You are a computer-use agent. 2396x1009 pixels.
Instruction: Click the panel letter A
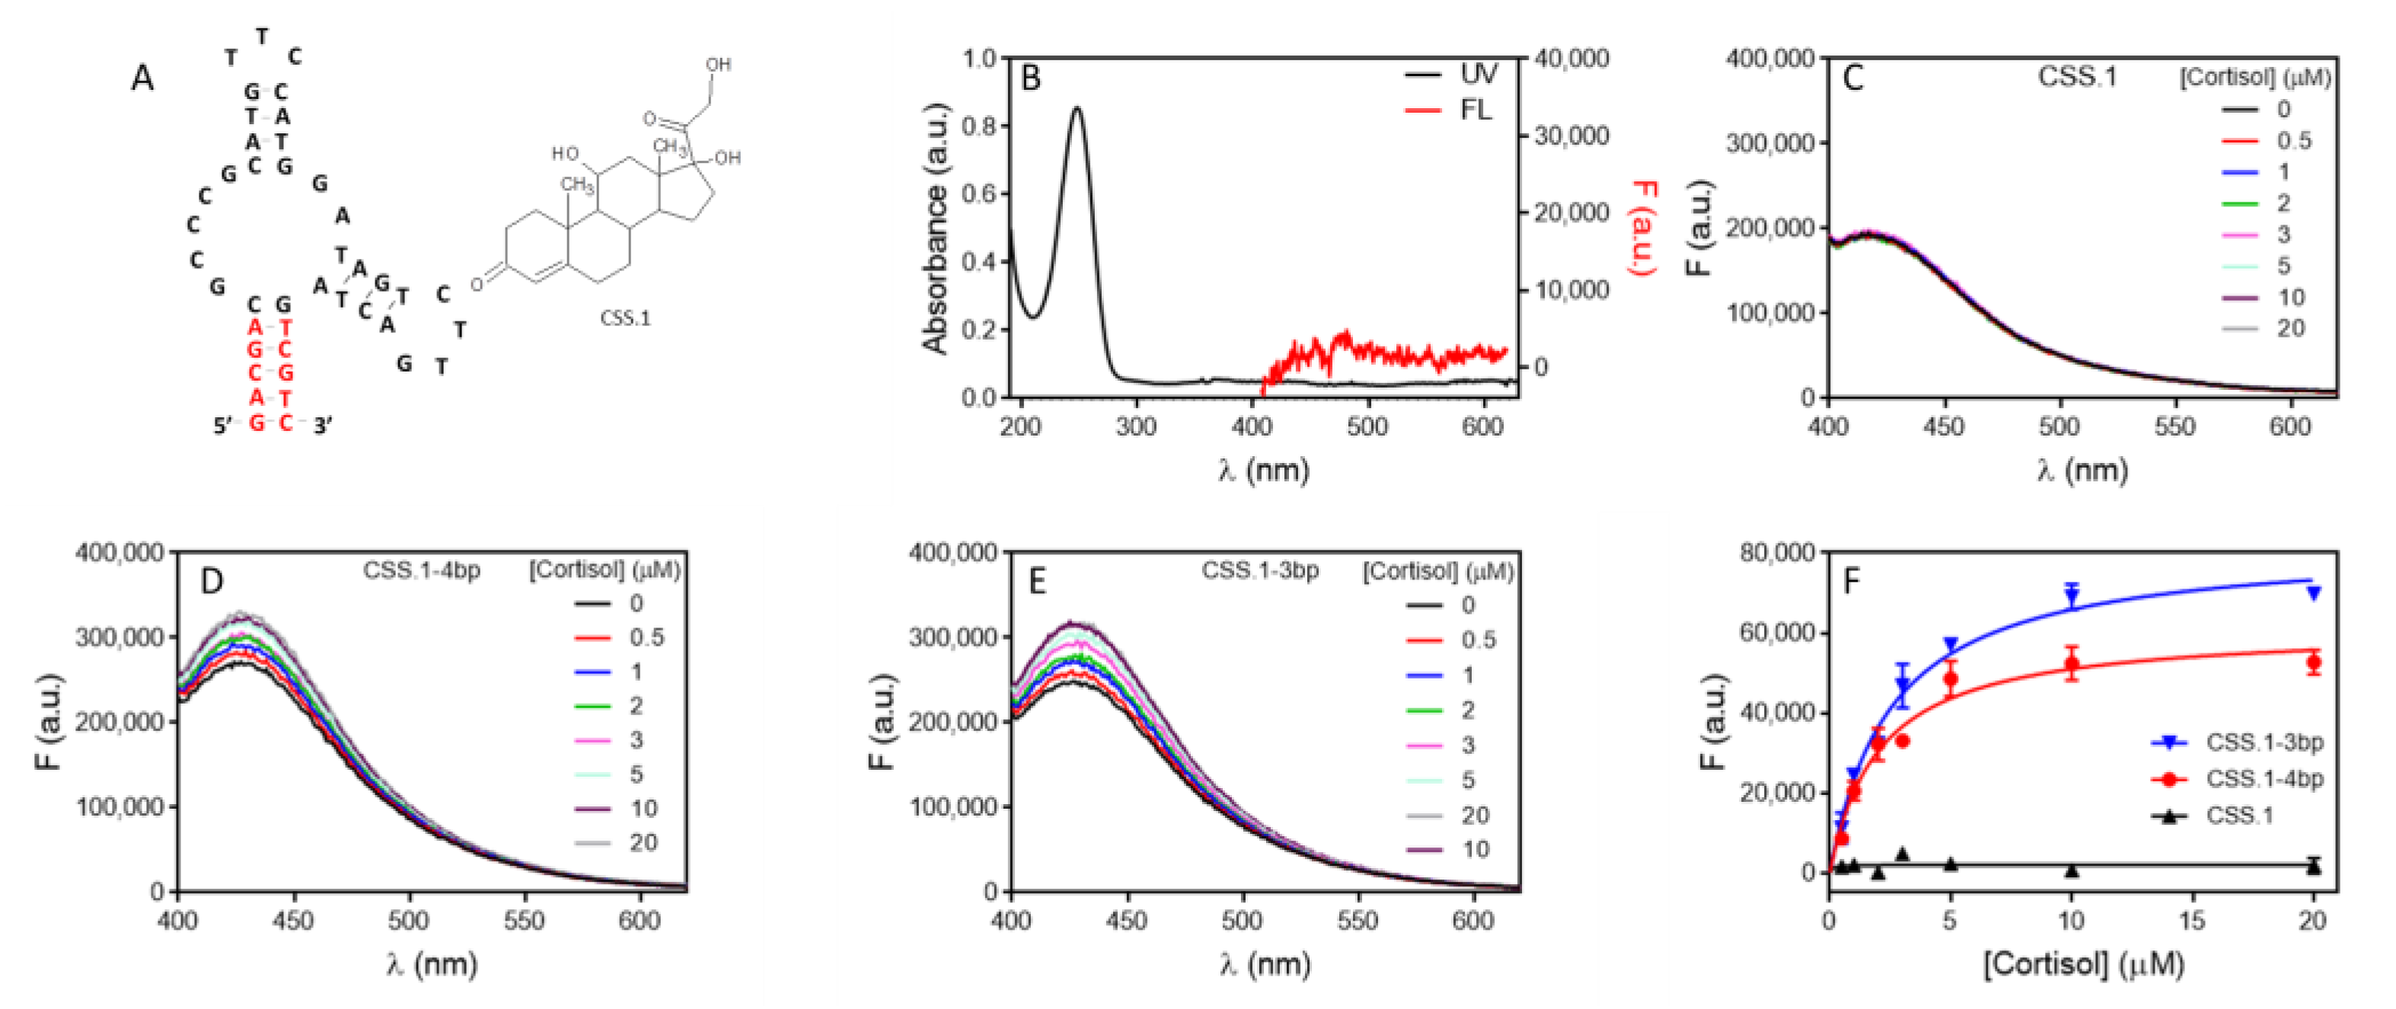(142, 78)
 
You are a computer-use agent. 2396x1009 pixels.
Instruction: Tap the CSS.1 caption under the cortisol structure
(625, 319)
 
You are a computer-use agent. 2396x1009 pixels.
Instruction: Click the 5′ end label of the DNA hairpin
(224, 426)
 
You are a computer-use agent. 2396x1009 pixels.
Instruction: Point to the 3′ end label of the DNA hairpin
(323, 426)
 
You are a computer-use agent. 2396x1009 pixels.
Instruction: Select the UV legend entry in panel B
(1478, 75)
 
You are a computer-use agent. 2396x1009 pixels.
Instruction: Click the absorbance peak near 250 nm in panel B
(1077, 109)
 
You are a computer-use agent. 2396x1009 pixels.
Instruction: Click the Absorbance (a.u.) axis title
(936, 228)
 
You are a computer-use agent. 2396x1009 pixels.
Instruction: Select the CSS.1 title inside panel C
(2077, 77)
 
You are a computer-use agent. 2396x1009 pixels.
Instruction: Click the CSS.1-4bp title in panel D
(421, 570)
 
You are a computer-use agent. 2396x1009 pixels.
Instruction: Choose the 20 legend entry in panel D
(643, 842)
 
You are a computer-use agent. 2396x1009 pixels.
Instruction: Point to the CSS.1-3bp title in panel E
(1259, 570)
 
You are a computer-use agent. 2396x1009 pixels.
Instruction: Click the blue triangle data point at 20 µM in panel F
(2313, 593)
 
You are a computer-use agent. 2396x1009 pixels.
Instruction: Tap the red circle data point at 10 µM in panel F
(2072, 664)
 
